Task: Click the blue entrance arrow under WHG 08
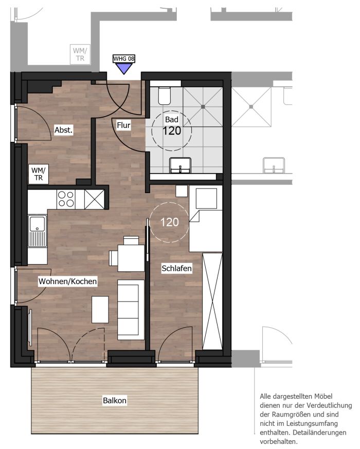(124, 68)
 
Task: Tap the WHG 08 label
(124, 59)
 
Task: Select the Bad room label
(172, 119)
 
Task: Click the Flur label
(123, 125)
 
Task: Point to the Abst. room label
(64, 130)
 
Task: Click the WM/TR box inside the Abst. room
(39, 174)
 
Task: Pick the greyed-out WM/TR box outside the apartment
(80, 54)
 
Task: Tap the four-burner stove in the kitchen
(66, 199)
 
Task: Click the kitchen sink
(38, 231)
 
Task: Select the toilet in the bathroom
(165, 96)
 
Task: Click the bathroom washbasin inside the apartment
(181, 165)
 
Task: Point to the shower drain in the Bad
(203, 107)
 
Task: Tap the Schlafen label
(176, 269)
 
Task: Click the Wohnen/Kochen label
(68, 281)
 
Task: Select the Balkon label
(115, 400)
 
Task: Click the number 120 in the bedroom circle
(169, 222)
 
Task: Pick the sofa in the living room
(131, 310)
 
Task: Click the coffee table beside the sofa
(100, 310)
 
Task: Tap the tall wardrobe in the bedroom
(212, 301)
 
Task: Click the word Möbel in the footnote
(323, 396)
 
